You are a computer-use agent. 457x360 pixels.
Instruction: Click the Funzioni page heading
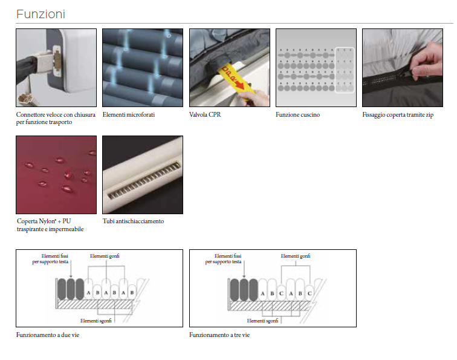pos(41,14)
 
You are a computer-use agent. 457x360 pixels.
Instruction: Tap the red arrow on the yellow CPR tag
pos(240,83)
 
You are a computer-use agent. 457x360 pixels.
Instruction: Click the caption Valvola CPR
pos(205,114)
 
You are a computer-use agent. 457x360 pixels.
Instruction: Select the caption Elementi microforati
pos(129,114)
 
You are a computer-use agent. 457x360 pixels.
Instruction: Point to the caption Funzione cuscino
pos(297,114)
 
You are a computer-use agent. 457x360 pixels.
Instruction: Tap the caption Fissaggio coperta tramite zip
pos(398,115)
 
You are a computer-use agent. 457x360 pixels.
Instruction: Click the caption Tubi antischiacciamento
pos(133,221)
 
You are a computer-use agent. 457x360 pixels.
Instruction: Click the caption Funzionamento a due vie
pos(48,335)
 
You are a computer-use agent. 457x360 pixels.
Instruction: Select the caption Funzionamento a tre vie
pos(219,335)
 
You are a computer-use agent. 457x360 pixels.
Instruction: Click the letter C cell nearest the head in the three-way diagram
pos(281,293)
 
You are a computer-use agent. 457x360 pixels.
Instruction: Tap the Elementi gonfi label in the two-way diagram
pos(105,256)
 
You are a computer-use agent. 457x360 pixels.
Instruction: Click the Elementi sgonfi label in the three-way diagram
pos(262,321)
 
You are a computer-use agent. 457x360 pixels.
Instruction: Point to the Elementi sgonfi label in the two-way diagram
pos(96,321)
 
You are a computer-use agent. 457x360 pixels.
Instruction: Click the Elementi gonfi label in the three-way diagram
pos(296,256)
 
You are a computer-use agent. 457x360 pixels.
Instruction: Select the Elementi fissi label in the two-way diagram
pos(50,259)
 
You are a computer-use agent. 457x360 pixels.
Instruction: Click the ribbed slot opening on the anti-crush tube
pos(144,181)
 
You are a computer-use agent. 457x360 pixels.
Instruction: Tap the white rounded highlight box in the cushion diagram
pos(345,70)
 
